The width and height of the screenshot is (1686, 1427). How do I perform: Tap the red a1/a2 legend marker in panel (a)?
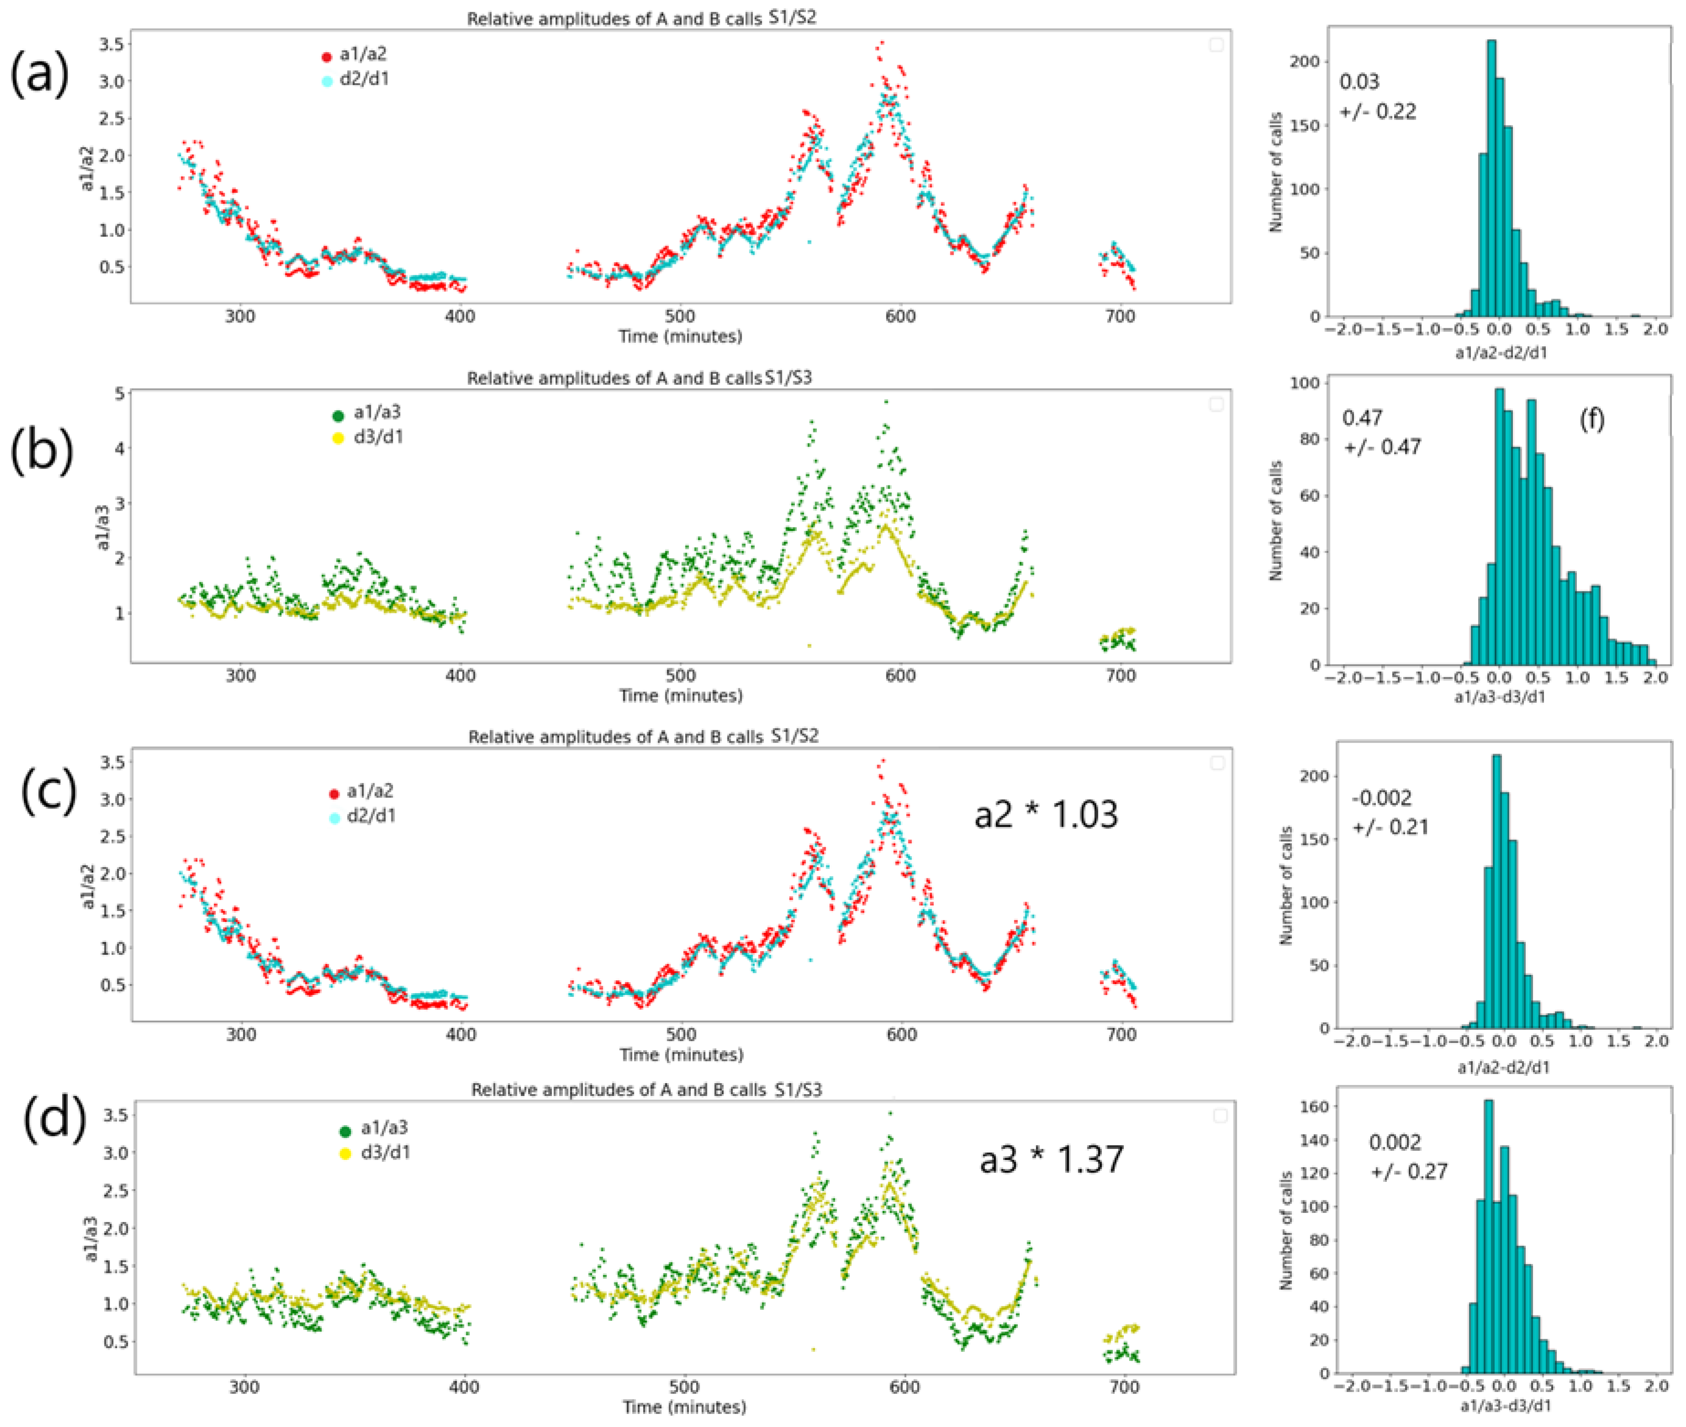[327, 57]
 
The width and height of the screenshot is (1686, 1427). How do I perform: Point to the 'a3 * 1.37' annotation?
[1051, 1159]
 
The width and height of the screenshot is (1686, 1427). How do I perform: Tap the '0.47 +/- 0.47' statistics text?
[1381, 432]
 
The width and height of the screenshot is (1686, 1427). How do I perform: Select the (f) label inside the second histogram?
[1591, 419]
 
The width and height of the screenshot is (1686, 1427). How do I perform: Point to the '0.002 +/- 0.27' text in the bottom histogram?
[1408, 1157]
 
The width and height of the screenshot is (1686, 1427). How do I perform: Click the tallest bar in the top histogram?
[1491, 178]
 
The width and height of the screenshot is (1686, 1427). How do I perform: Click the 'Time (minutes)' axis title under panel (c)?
[681, 1055]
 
